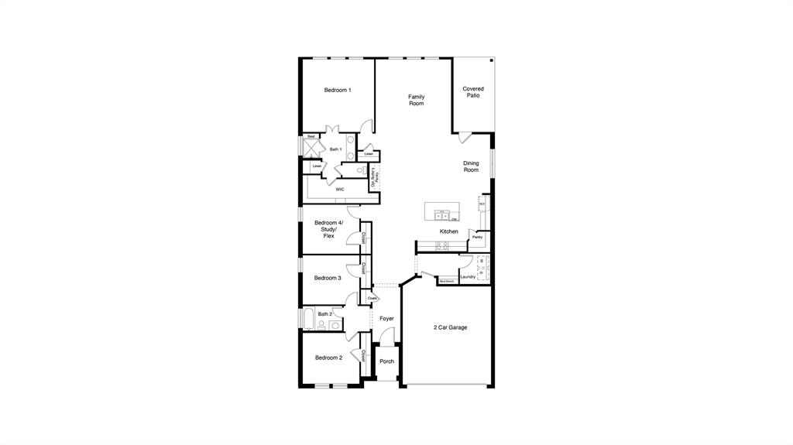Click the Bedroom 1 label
[x=337, y=91]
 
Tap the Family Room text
[x=417, y=100]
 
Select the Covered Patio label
[x=473, y=92]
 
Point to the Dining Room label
[x=471, y=166]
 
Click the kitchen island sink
[x=442, y=216]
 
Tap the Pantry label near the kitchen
[x=477, y=237]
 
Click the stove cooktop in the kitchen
[x=442, y=246]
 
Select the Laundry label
[x=468, y=276]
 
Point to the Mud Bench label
[x=447, y=282]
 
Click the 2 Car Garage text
[x=450, y=327]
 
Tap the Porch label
[x=386, y=361]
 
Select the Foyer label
[x=386, y=318]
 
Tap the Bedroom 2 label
[x=328, y=358]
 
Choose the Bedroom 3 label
[x=328, y=278]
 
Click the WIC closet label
[x=340, y=189]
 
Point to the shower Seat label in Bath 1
[x=311, y=137]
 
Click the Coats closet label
[x=372, y=298]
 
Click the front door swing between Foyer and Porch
[x=388, y=336]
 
